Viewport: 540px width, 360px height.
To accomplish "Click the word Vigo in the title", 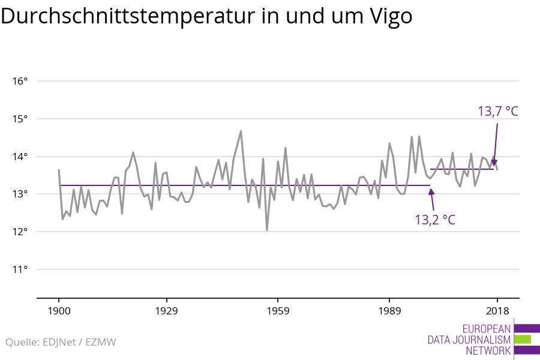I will tap(388, 17).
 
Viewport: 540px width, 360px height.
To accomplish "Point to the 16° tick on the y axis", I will tap(20, 81).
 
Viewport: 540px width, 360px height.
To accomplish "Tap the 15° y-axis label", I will tap(20, 119).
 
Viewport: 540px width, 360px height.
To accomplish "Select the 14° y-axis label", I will tap(20, 157).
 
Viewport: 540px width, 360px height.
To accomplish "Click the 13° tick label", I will tap(20, 194).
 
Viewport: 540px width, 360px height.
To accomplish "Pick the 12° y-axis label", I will tap(20, 232).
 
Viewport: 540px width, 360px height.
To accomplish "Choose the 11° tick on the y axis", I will tap(20, 269).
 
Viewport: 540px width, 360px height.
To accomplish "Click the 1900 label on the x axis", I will tap(59, 311).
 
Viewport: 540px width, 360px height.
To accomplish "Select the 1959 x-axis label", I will tap(278, 311).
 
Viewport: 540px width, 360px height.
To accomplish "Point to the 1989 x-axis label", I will tap(389, 311).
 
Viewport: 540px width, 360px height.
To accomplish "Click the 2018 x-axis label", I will tap(497, 311).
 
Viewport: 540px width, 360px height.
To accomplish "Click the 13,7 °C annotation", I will tap(497, 112).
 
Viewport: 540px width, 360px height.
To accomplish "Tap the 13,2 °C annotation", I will tap(435, 220).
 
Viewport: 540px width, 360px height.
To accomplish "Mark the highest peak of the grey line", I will tap(241, 131).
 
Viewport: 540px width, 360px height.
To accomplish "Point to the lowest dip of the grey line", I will tap(267, 230).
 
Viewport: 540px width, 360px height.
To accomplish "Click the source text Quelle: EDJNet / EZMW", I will tap(61, 343).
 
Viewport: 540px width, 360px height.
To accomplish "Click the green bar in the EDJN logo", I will tap(523, 340).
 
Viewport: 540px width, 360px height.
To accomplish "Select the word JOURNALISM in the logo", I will tap(483, 340).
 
